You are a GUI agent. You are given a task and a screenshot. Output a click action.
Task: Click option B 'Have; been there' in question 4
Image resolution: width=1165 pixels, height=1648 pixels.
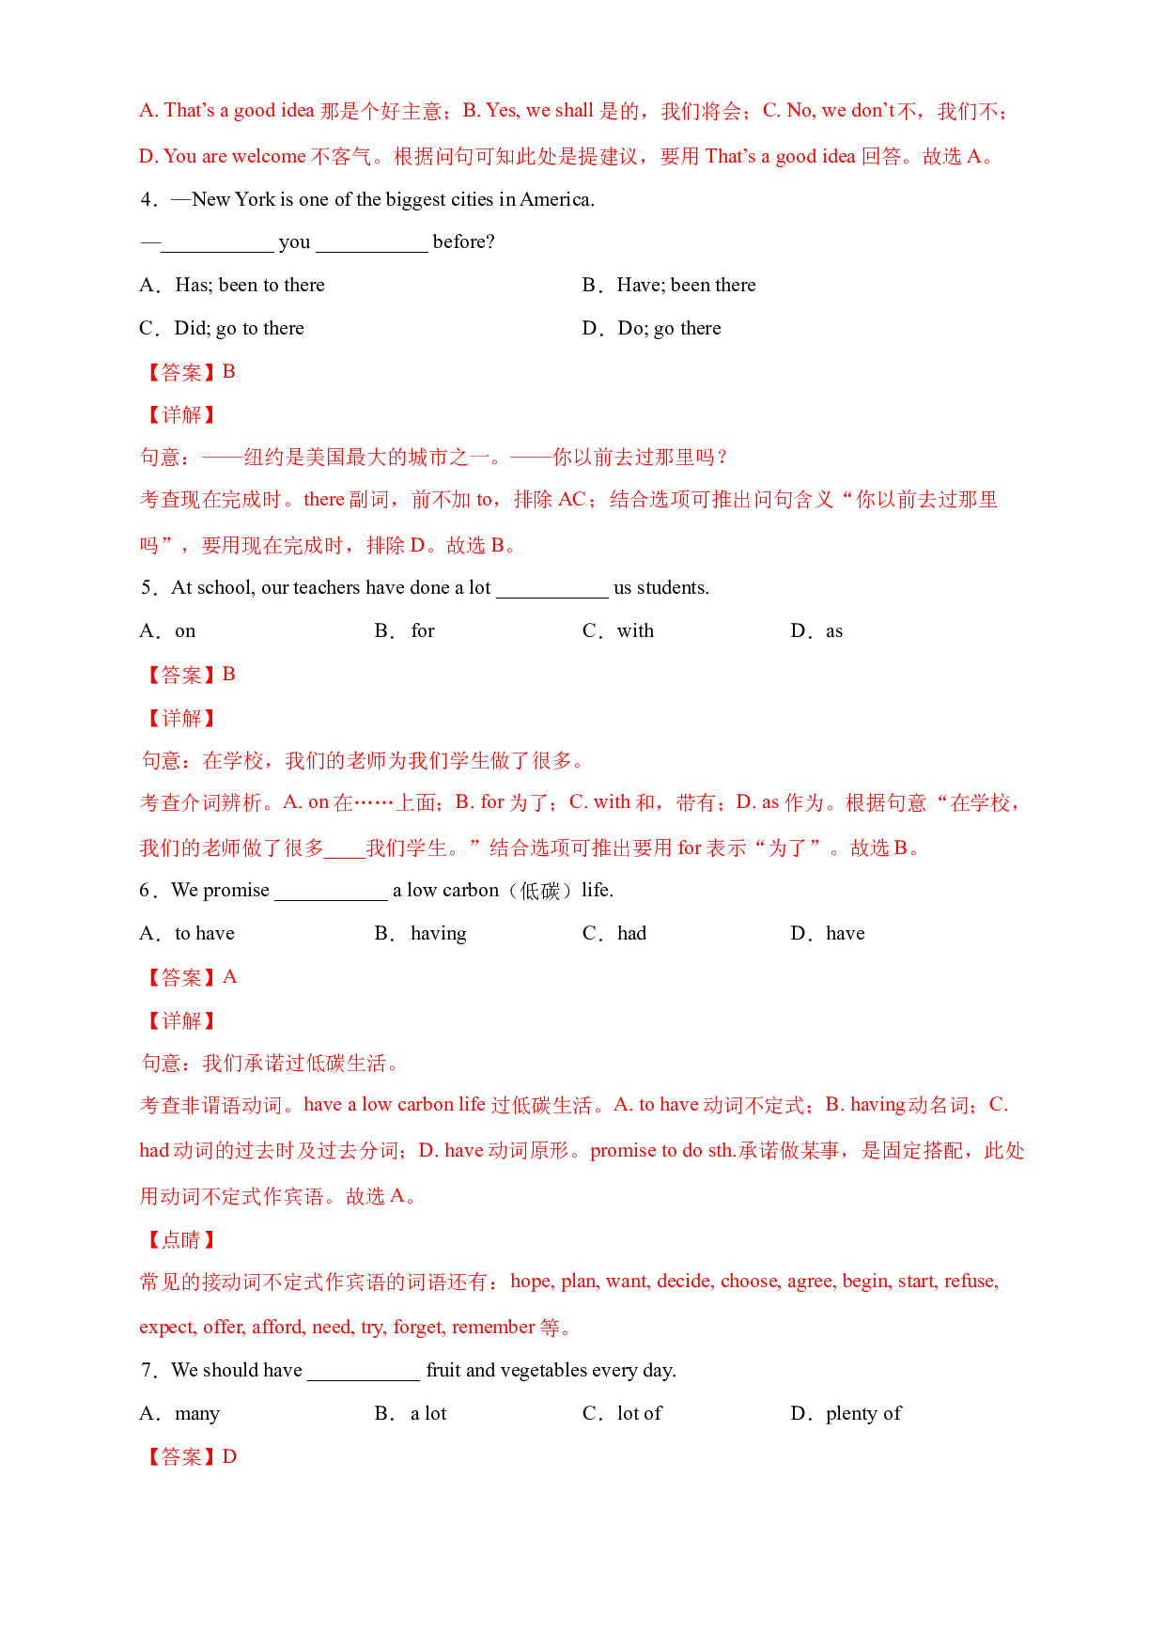pos(668,285)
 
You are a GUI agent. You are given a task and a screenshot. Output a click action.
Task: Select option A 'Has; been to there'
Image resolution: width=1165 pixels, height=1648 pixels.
pos(232,285)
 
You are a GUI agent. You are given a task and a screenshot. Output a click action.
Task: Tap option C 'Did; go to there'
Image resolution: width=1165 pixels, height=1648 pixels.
pos(222,328)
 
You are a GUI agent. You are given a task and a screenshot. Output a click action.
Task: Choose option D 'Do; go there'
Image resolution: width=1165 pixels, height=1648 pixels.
pos(651,328)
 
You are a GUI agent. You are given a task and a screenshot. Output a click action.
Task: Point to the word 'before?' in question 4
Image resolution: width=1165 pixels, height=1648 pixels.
pos(463,241)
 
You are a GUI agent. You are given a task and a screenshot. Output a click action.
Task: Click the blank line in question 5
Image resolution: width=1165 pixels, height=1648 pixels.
pos(552,597)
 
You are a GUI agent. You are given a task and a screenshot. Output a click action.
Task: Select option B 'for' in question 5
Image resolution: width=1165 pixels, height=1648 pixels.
pos(404,630)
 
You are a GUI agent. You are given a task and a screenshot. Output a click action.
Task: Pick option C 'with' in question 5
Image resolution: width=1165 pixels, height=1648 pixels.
pos(618,630)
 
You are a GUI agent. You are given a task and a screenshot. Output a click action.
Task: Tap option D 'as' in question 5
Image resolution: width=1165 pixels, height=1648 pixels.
pos(816,630)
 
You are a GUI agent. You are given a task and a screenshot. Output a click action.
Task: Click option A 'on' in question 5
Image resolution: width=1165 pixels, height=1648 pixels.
pos(167,630)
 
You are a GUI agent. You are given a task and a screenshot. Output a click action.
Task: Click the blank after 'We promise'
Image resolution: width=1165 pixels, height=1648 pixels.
pos(331,899)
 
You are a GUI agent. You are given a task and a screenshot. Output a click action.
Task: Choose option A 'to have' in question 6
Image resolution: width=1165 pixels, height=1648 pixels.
pos(187,933)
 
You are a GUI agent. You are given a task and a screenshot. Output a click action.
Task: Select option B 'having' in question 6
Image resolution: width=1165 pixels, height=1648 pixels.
pos(420,933)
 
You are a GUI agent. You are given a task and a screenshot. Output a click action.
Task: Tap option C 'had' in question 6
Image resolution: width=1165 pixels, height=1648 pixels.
pos(614,933)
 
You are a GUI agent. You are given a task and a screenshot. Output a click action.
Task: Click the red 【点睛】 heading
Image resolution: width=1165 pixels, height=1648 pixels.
pos(180,1239)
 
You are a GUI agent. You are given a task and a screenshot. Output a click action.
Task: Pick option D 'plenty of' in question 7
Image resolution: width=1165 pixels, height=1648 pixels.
pos(846,1413)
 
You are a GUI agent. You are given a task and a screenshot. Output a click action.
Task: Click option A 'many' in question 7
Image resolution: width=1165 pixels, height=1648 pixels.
pos(179,1413)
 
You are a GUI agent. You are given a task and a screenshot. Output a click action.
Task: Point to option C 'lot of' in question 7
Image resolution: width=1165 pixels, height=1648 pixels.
pos(622,1413)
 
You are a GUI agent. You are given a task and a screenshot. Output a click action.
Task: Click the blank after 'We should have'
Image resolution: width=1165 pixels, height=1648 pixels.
pos(364,1379)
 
